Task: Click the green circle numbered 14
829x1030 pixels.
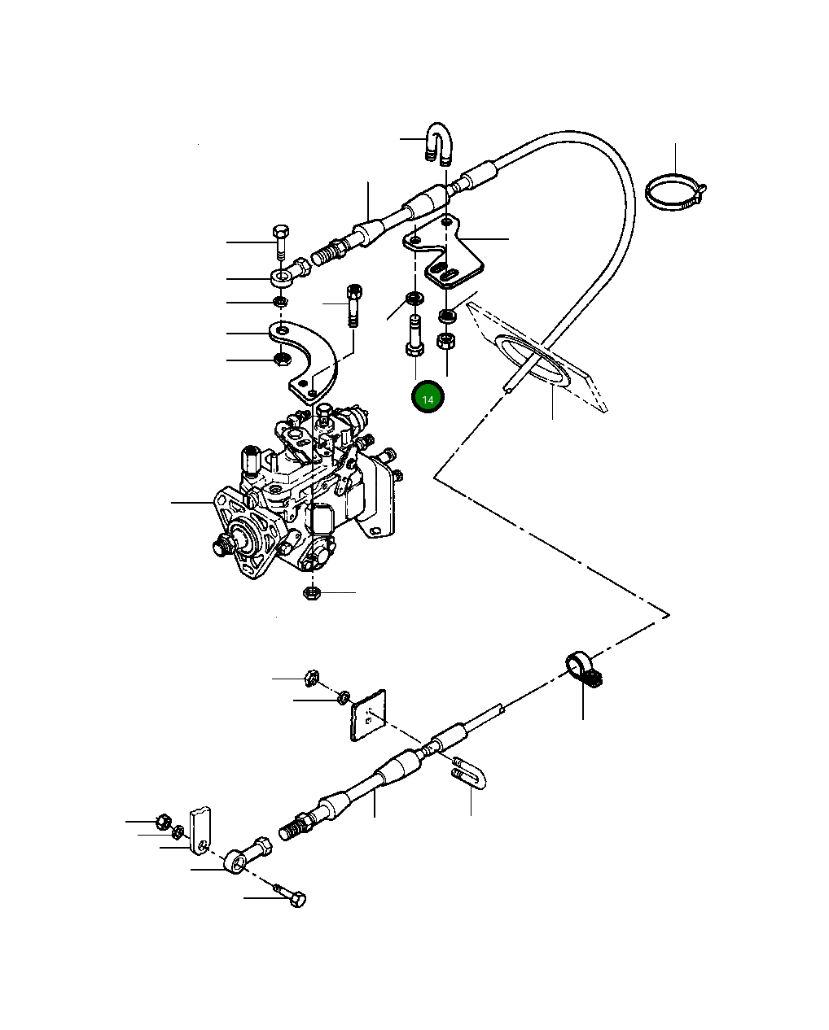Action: pyautogui.click(x=428, y=398)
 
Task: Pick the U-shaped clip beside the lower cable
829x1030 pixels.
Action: pyautogui.click(x=470, y=772)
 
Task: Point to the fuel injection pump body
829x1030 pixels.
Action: pyautogui.click(x=297, y=496)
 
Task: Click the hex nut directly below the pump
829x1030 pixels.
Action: pyautogui.click(x=311, y=592)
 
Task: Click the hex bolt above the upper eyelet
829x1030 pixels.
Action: pyautogui.click(x=280, y=239)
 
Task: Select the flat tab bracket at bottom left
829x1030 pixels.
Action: pyautogui.click(x=200, y=830)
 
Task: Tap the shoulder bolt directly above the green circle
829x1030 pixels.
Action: pyautogui.click(x=414, y=334)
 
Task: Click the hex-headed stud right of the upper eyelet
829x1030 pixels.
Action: pyautogui.click(x=354, y=303)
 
